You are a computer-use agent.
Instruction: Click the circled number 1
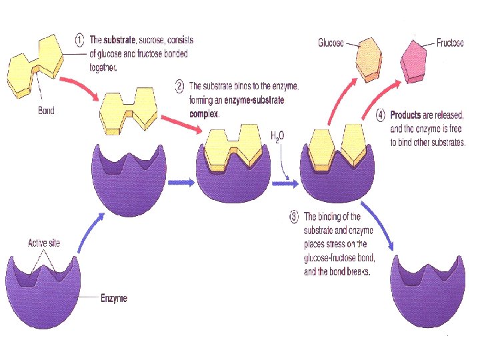pyautogui.click(x=79, y=39)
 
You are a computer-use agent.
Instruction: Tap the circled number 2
pyautogui.click(x=179, y=86)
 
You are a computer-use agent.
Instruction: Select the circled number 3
pyautogui.click(x=294, y=216)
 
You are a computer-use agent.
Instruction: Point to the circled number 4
pyautogui.click(x=380, y=115)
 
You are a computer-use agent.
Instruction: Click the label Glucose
pyautogui.click(x=331, y=43)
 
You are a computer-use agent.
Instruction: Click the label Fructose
pyautogui.click(x=450, y=43)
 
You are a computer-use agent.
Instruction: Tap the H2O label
pyautogui.click(x=277, y=137)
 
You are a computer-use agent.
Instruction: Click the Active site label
pyautogui.click(x=43, y=243)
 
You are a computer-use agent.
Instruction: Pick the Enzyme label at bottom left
pyautogui.click(x=113, y=298)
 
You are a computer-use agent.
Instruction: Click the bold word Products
pyautogui.click(x=406, y=115)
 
